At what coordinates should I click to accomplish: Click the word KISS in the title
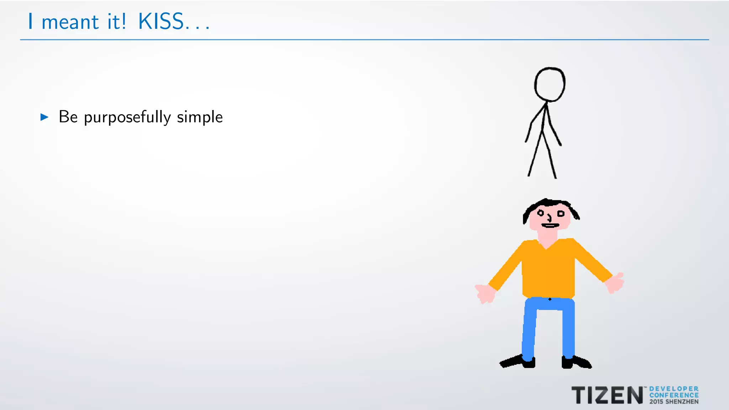click(161, 22)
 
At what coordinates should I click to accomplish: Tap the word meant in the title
click(70, 22)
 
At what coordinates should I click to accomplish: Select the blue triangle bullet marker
click(44, 117)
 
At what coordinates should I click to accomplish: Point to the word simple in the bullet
click(200, 117)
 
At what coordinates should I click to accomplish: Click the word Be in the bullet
click(68, 117)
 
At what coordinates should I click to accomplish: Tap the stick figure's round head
click(550, 85)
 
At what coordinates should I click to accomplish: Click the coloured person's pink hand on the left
click(485, 294)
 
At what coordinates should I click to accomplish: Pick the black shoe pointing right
click(576, 362)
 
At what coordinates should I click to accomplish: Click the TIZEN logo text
click(607, 395)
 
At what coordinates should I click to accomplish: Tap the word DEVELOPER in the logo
click(674, 389)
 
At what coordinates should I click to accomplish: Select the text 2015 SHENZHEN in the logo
click(674, 402)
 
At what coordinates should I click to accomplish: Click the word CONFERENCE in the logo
click(674, 395)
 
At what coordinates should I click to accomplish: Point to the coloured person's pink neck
click(547, 237)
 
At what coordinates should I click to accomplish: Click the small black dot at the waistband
click(550, 299)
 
